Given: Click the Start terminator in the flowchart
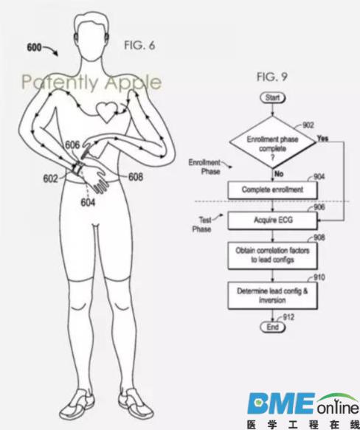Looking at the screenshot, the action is point(272,98).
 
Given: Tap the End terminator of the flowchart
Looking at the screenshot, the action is point(272,327).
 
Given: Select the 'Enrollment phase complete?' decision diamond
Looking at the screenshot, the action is point(272,142).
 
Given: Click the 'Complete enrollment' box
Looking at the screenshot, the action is point(272,190).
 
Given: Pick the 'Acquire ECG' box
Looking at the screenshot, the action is point(272,221).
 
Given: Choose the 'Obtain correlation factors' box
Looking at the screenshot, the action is point(272,255).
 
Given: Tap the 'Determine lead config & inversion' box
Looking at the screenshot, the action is point(272,295).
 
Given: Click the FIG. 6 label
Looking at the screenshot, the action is point(139,45).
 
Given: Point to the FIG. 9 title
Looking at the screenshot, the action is point(272,77).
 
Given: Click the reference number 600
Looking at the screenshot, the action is point(34,47).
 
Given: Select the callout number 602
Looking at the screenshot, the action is point(50,178).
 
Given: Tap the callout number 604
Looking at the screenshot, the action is point(88,202).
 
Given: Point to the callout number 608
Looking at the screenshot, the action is point(136,177).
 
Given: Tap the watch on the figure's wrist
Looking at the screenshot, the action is point(77,168).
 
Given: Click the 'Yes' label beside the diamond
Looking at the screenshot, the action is point(322,139).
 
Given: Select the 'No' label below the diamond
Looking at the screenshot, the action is point(279,174).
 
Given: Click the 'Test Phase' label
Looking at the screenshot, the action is point(203,224).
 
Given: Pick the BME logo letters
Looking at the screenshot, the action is point(281,403).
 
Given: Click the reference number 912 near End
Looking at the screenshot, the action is point(288,317).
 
